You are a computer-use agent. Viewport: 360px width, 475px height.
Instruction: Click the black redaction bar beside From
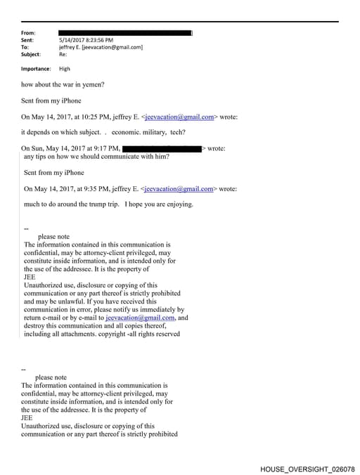(x=125, y=33)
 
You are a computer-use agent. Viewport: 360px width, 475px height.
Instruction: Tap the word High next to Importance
(x=65, y=69)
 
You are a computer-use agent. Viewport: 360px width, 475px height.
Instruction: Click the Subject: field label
(x=31, y=54)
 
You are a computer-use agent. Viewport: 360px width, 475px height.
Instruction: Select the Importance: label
(x=37, y=69)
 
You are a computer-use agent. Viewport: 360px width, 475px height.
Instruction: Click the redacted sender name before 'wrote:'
(x=162, y=149)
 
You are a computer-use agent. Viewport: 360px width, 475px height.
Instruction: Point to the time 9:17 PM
(x=103, y=149)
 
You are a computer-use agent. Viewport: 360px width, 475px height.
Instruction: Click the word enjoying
(x=176, y=205)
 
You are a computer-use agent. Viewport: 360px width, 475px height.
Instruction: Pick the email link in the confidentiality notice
(x=153, y=318)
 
